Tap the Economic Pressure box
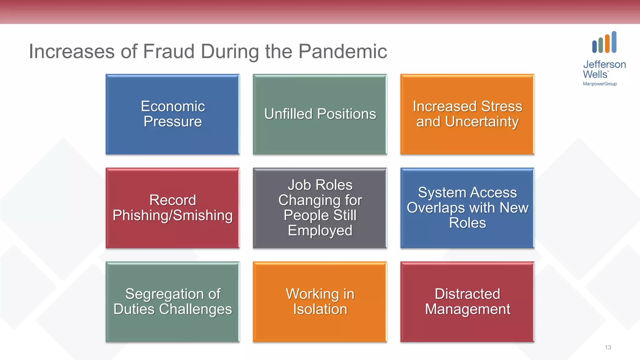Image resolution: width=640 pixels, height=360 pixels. (172, 114)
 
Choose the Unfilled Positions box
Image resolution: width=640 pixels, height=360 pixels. (320, 114)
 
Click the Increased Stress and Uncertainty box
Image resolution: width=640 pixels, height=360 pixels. (467, 114)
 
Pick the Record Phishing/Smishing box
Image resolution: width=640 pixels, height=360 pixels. (172, 208)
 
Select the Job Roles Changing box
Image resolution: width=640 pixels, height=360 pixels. (320, 208)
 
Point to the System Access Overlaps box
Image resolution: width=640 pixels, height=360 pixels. (467, 208)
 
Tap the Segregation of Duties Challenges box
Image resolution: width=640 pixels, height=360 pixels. (172, 302)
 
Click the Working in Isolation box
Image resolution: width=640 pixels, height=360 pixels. (320, 302)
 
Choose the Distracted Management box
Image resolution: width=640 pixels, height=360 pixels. (467, 302)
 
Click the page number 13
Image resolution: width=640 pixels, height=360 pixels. (608, 347)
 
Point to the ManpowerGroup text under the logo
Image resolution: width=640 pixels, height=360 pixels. (600, 84)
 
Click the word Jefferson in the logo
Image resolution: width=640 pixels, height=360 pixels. (604, 64)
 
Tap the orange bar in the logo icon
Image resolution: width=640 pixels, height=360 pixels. (607, 43)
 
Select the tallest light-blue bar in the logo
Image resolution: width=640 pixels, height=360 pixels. (614, 42)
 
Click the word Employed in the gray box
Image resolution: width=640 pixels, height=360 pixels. (320, 231)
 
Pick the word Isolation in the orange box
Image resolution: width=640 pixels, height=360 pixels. (320, 309)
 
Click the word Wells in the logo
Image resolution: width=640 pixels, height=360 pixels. (595, 74)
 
